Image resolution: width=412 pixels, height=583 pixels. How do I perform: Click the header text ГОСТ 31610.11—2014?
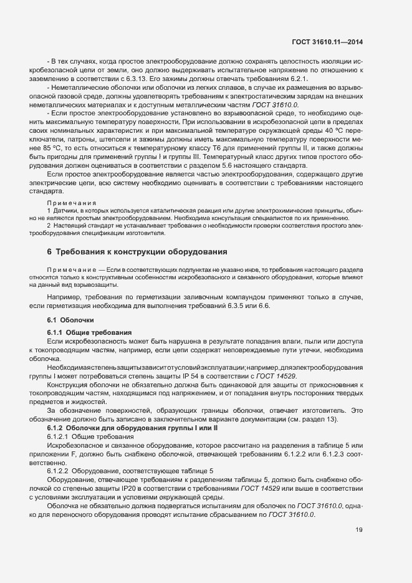click(x=327, y=42)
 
